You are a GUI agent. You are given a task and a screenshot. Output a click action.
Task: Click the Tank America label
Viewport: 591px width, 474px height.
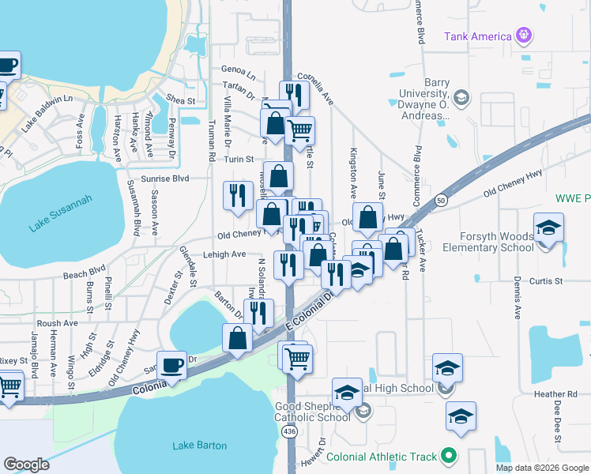pyautogui.click(x=477, y=36)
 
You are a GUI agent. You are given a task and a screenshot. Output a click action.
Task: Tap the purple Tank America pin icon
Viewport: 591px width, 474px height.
pyautogui.click(x=522, y=35)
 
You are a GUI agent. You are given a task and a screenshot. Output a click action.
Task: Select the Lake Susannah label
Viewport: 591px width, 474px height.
pyautogui.click(x=61, y=213)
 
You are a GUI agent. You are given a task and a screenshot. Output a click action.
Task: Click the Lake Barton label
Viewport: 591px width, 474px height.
pyautogui.click(x=200, y=446)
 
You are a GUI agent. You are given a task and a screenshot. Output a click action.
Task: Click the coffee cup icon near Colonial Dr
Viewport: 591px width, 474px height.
pyautogui.click(x=171, y=366)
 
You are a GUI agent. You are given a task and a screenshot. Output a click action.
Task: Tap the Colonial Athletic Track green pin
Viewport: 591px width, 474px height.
pyautogui.click(x=449, y=456)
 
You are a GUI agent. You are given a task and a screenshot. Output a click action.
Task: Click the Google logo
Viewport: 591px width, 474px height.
pyautogui.click(x=26, y=465)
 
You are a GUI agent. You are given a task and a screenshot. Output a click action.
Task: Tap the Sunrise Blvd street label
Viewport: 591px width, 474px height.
pyautogui.click(x=165, y=179)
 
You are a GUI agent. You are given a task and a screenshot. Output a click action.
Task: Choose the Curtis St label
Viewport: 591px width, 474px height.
pyautogui.click(x=545, y=280)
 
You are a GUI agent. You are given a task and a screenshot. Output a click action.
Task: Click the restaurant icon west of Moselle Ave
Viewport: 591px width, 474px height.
pyautogui.click(x=238, y=195)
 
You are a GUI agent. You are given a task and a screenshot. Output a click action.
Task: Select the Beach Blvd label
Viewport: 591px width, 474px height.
pyautogui.click(x=85, y=274)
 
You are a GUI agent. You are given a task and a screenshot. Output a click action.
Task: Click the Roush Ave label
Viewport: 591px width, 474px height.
pyautogui.click(x=57, y=323)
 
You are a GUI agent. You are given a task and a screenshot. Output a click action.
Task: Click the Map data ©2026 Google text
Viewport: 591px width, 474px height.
pyautogui.click(x=541, y=468)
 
